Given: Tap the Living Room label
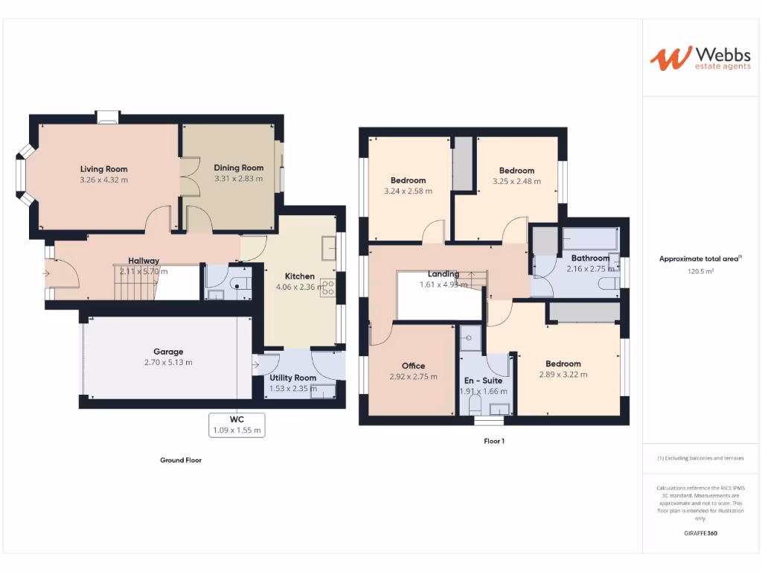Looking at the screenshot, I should (104, 169).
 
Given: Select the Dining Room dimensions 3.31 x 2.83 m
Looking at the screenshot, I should (239, 179).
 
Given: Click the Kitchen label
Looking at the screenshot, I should (300, 276).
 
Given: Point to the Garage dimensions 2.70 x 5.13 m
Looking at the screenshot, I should (168, 363).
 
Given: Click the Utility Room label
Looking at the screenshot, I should (293, 378).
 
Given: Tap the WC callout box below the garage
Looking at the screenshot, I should (237, 425).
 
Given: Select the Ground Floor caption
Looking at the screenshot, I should (181, 460).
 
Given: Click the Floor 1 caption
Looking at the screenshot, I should (494, 442).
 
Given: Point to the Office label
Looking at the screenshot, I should (413, 366).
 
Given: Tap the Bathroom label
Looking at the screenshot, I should (590, 258).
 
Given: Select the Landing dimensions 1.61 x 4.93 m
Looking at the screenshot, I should (444, 284).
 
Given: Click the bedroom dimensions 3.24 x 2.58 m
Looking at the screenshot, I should (408, 191).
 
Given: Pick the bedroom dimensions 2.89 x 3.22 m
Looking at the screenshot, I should (563, 375).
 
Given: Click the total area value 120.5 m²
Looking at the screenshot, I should (699, 272).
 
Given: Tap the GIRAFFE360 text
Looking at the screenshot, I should (699, 533).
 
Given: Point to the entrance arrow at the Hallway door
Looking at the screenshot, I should (47, 273).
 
